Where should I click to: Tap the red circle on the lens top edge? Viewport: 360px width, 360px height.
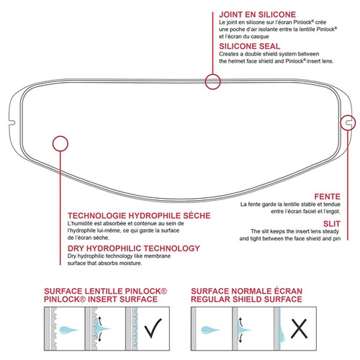click(x=212, y=81)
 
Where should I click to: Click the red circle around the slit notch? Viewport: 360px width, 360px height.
click(x=348, y=123)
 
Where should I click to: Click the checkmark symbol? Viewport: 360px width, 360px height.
click(x=152, y=330)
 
